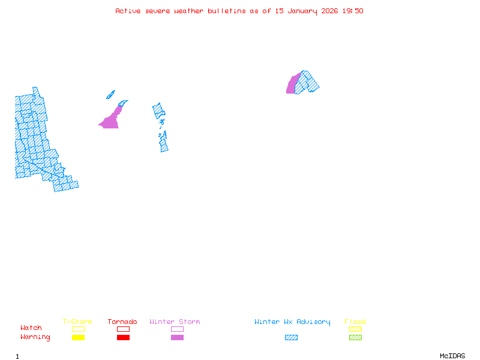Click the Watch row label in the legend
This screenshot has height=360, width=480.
pyautogui.click(x=31, y=328)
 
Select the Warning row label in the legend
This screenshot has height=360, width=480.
pyautogui.click(x=35, y=337)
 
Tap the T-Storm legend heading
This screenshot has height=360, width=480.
pyautogui.click(x=77, y=322)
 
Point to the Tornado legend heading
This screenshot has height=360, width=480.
pyautogui.click(x=122, y=322)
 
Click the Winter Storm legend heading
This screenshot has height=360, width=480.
pyautogui.click(x=175, y=322)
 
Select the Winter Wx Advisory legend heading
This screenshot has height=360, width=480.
pyautogui.click(x=292, y=322)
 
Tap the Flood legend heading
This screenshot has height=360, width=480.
pyautogui.click(x=355, y=322)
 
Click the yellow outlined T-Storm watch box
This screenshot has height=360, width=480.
pyautogui.click(x=78, y=329)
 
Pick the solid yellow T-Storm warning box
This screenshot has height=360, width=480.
pyautogui.click(x=78, y=338)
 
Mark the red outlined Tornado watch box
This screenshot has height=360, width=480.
pyautogui.click(x=123, y=329)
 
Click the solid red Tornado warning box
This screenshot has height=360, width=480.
pyautogui.click(x=123, y=338)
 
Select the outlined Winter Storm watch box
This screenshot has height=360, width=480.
pyautogui.click(x=177, y=329)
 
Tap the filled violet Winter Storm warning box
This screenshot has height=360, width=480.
pyautogui.click(x=177, y=338)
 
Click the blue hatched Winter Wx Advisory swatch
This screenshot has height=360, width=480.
pyautogui.click(x=291, y=338)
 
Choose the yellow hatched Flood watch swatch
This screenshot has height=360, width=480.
pyautogui.click(x=355, y=329)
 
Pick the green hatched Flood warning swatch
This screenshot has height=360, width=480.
pyautogui.click(x=355, y=338)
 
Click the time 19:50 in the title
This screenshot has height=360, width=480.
pyautogui.click(x=353, y=11)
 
